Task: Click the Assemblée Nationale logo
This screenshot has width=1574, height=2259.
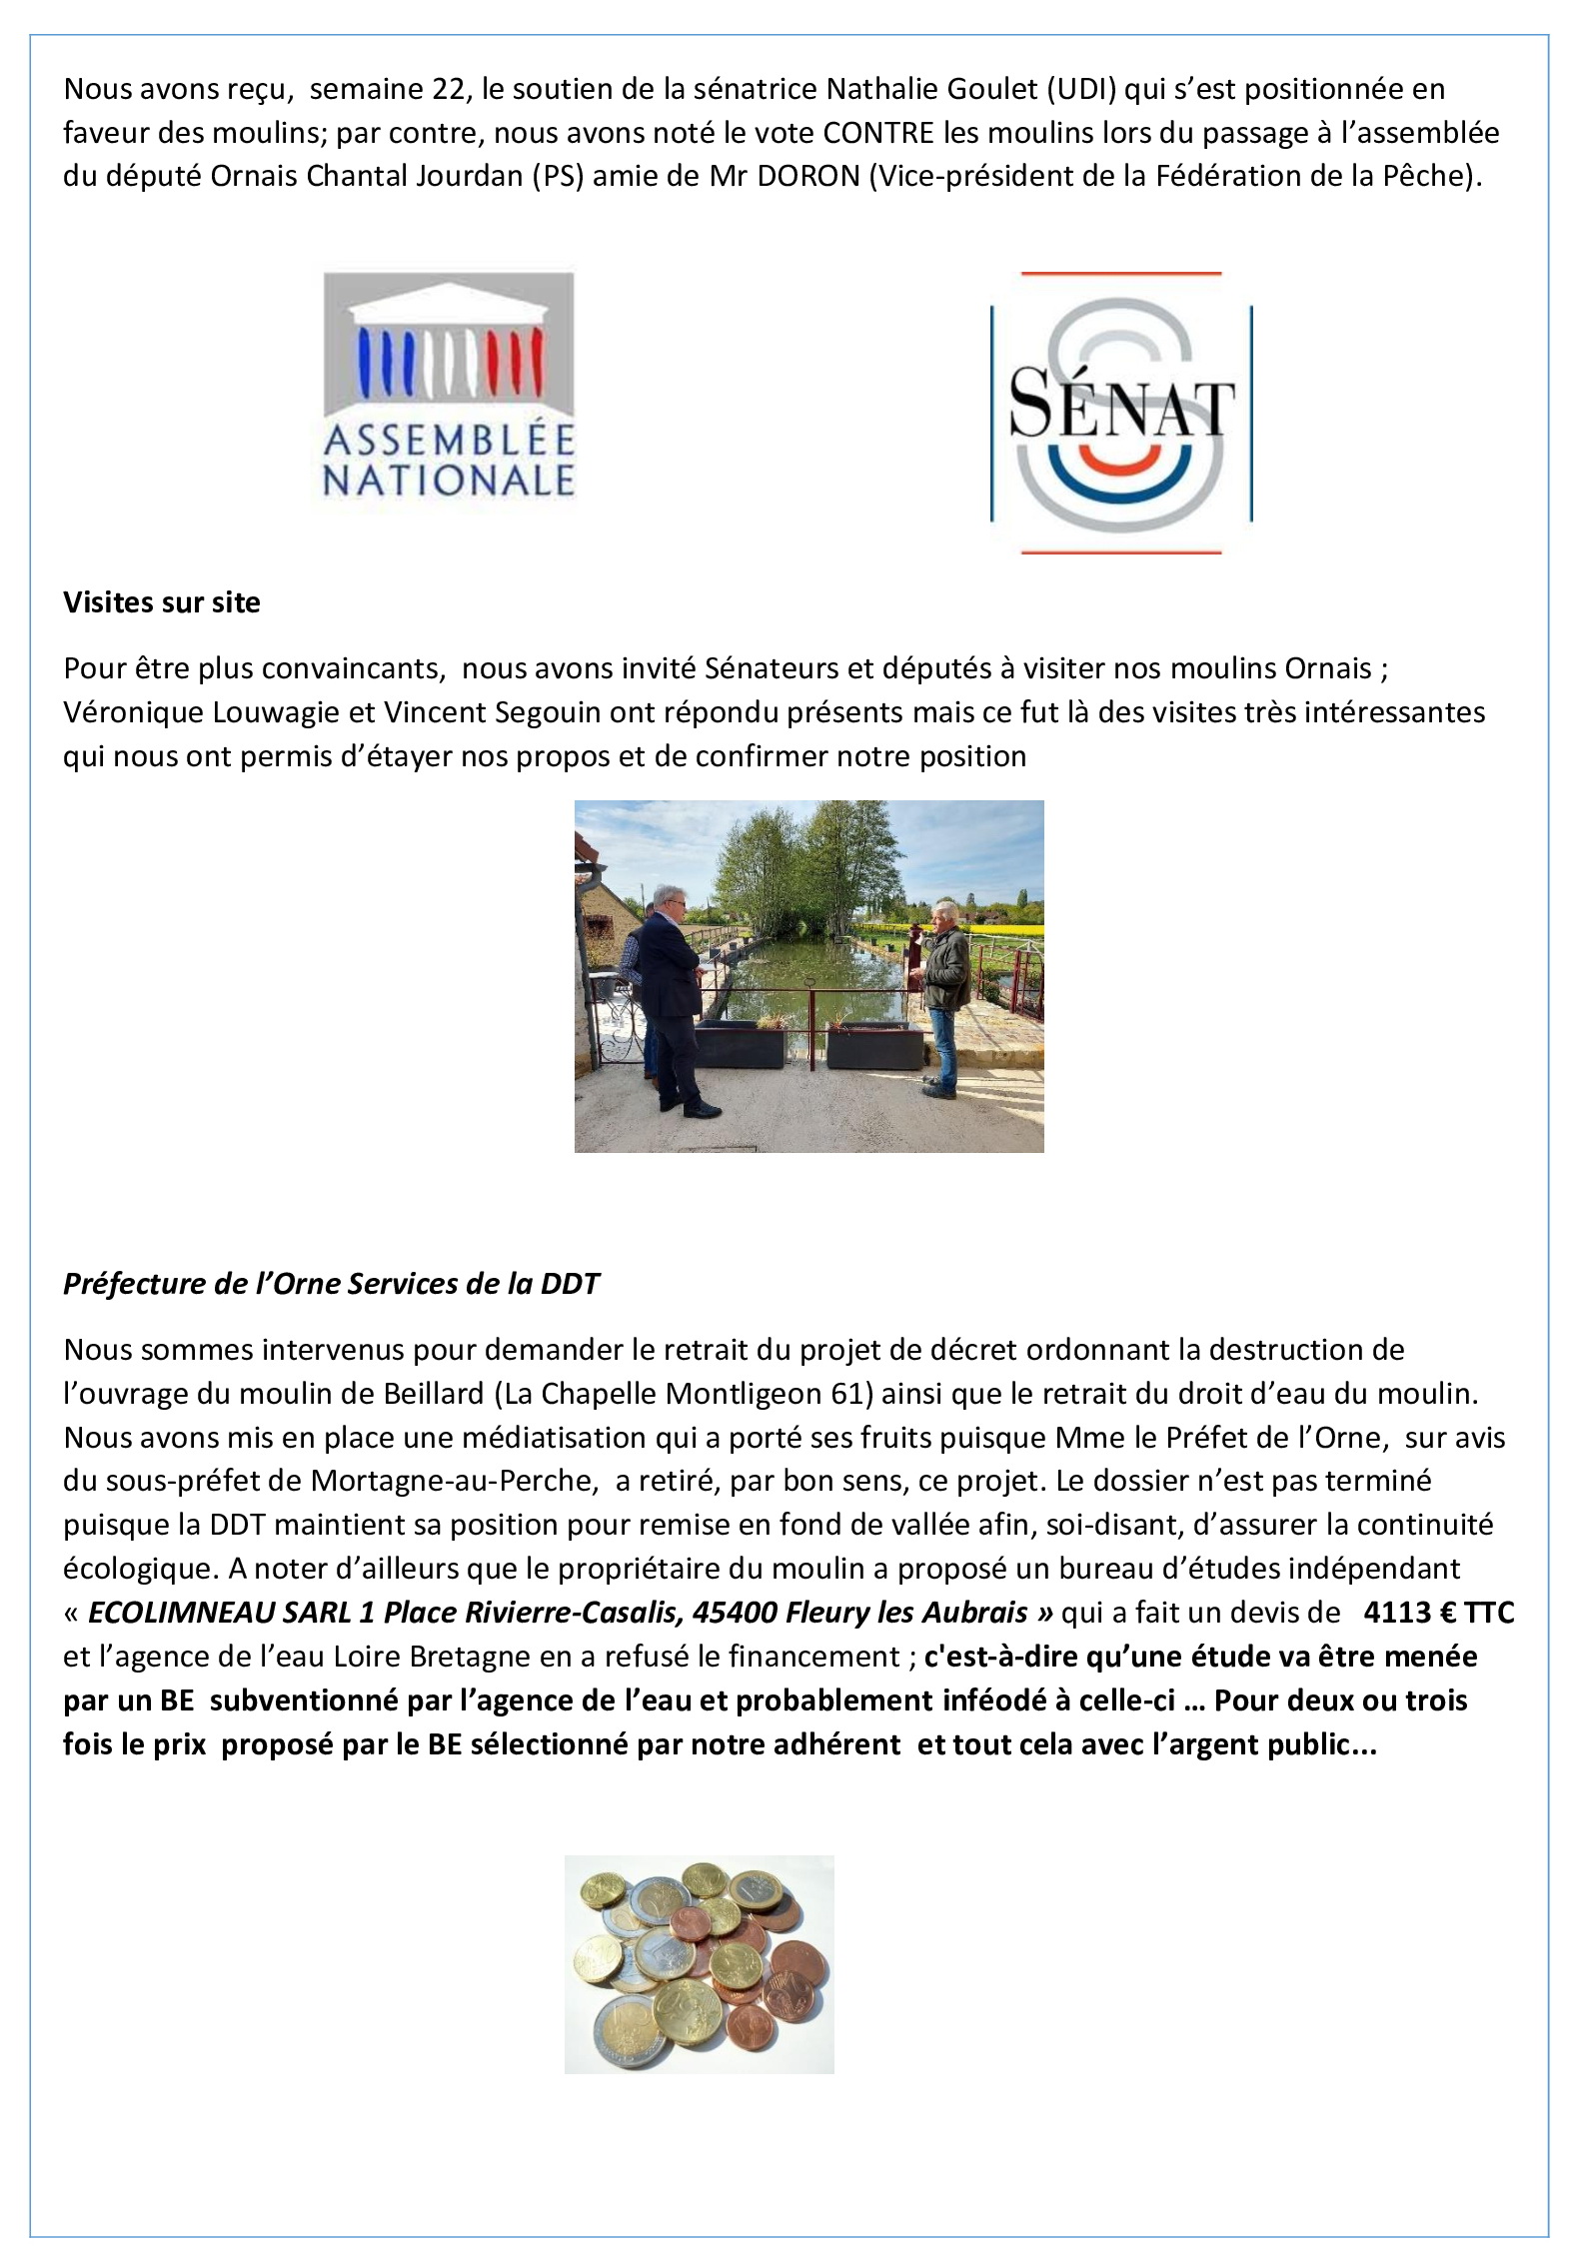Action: tap(448, 388)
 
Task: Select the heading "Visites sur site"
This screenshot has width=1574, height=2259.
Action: tap(162, 602)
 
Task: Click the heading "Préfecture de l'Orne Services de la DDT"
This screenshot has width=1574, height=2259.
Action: tap(331, 1284)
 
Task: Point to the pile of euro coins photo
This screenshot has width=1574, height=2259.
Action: tap(699, 1963)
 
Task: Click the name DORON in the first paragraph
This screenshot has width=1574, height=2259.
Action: tap(808, 176)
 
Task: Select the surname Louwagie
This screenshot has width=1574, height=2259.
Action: tap(284, 712)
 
